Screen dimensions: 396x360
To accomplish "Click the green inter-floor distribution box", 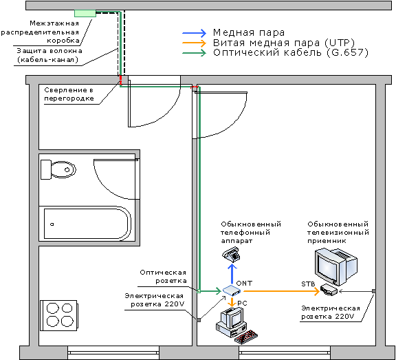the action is click(x=85, y=13).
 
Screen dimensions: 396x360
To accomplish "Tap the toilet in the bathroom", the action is click(x=58, y=169).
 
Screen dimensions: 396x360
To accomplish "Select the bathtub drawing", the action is click(x=87, y=224).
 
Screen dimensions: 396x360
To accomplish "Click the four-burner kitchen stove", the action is click(x=59, y=315).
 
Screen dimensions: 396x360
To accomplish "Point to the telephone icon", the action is click(x=231, y=254).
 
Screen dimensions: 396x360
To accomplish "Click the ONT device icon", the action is click(x=232, y=290).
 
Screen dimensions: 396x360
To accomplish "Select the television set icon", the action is click(x=336, y=266).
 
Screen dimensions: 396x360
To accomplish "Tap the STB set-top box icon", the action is click(x=329, y=290).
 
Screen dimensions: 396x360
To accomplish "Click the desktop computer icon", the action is click(x=236, y=325).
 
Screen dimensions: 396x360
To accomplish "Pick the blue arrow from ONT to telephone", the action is click(x=232, y=274).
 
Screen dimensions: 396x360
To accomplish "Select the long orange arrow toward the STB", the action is click(x=281, y=291).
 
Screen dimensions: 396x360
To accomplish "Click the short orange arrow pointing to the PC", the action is click(x=232, y=302).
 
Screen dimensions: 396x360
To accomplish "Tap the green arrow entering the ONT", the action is click(x=211, y=291).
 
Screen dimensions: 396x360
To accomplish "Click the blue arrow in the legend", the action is click(x=194, y=33).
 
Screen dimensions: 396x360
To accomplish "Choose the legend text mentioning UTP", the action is click(x=284, y=43).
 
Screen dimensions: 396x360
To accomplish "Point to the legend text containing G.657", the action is click(x=291, y=53).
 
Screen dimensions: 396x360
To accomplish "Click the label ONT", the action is click(x=244, y=283).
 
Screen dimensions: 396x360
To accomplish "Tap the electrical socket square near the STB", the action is click(x=374, y=291).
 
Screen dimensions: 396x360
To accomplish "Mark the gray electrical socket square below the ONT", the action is click(x=199, y=320).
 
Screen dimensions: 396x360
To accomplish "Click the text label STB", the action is click(x=308, y=284).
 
